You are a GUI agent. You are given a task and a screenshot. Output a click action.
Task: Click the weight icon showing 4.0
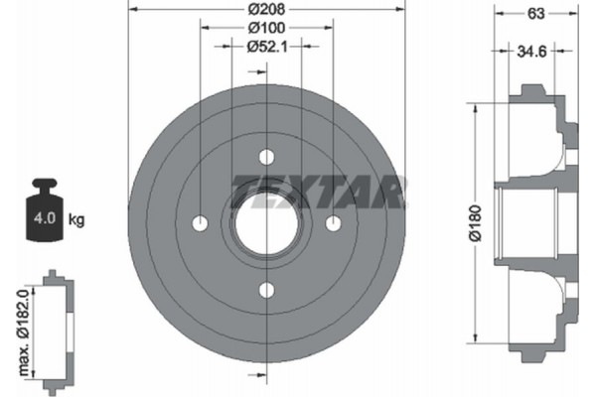[x=46, y=209]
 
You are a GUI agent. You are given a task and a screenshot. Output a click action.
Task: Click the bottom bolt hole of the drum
[x=266, y=289]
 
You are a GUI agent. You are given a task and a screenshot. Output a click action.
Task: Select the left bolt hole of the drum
[x=199, y=222]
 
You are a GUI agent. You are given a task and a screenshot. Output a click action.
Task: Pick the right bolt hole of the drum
[x=334, y=222]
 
